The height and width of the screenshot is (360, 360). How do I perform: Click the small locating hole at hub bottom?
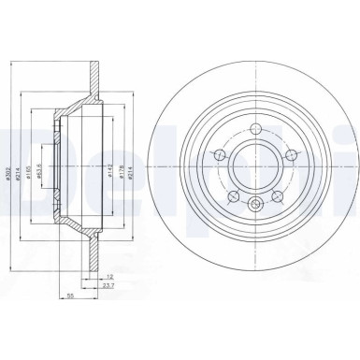pyautogui.click(x=254, y=210)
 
